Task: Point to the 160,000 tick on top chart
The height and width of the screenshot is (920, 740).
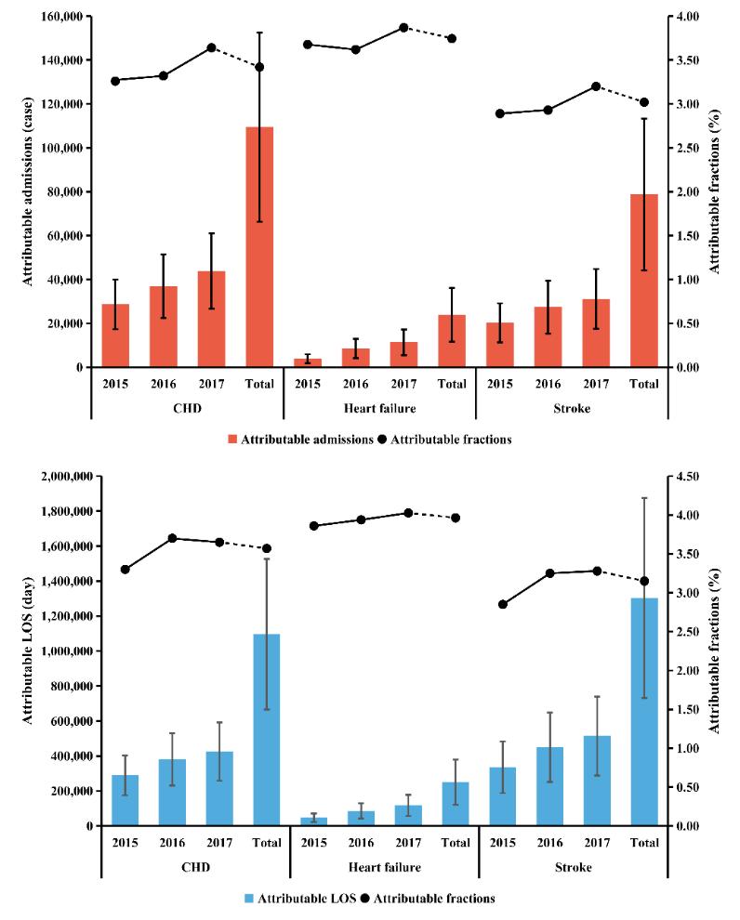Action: coord(57,17)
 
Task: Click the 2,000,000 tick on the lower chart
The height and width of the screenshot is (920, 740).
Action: coord(53,477)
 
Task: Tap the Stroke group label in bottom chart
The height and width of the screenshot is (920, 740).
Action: coord(573,867)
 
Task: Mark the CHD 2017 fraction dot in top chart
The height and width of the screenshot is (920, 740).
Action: coord(211,47)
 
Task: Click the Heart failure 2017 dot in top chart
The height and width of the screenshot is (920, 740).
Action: coord(404,27)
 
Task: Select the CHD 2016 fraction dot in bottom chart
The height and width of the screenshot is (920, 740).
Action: coord(173,538)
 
